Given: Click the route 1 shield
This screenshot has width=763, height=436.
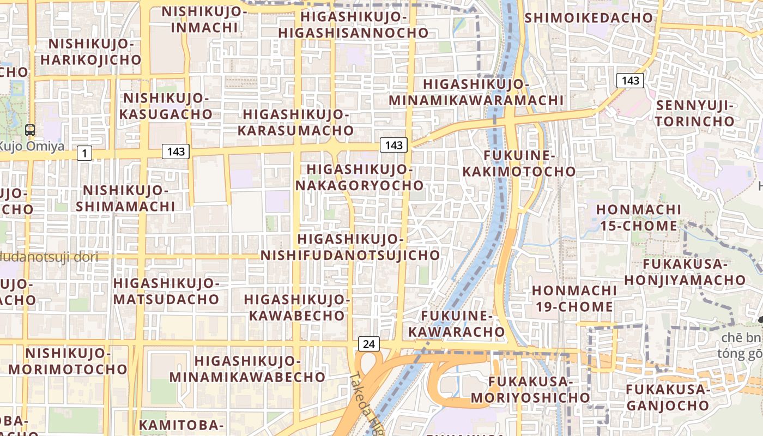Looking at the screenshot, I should pos(84,153).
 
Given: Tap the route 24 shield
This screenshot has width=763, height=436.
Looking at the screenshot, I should pos(369,344).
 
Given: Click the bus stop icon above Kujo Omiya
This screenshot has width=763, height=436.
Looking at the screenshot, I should pos(30,130).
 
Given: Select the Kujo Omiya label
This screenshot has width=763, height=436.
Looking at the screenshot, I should pos(32,146).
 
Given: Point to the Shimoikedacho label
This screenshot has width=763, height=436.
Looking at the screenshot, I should pos(589,17).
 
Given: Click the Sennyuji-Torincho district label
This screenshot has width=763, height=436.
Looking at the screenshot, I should pos(695,113).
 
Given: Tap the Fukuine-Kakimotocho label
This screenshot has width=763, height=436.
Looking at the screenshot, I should pos(519,163).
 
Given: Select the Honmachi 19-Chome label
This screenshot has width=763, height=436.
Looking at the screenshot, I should pos(574,298).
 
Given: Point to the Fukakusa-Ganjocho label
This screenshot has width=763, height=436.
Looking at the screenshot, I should pos(667,397).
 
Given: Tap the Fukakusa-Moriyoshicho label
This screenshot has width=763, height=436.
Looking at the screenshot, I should pos(530,390).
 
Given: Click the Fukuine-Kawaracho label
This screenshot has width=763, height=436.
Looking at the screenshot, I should pos(457,324).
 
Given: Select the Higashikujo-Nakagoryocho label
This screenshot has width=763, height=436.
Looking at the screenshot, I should pos(359,177).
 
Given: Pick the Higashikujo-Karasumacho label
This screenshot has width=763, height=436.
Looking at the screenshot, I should pos(295,123).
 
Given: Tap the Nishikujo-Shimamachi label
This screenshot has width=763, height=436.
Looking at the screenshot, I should pos(125,198).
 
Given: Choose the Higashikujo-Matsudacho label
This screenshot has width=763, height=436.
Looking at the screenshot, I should pos(166,291).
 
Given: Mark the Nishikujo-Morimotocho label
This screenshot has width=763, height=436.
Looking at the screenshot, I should pos(68,361).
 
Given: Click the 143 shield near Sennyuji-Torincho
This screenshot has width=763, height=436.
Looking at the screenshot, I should pos(630,81).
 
